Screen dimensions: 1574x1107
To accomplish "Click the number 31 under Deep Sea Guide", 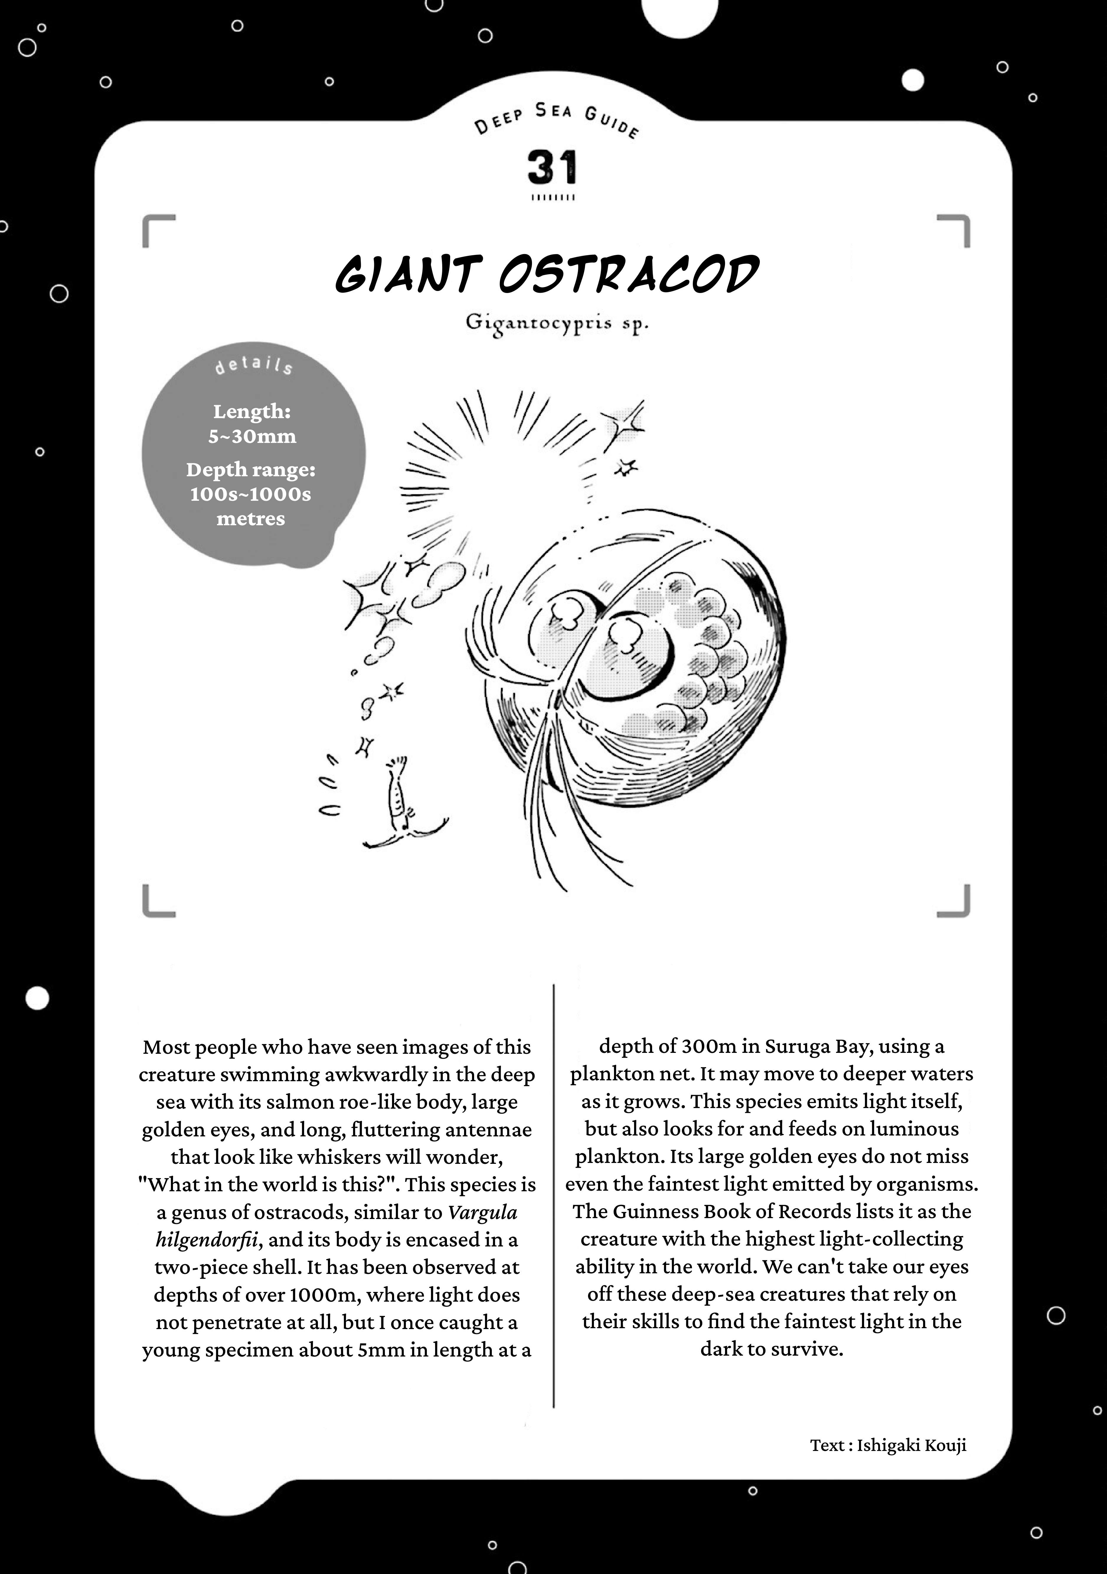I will (552, 168).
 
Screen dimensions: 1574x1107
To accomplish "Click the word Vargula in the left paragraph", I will (483, 1212).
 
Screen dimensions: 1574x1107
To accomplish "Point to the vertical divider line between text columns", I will (553, 1193).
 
